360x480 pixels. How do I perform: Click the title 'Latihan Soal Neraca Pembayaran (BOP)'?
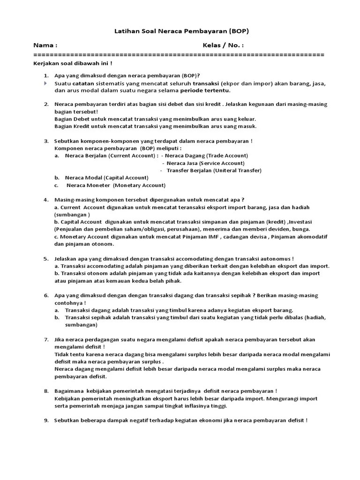coord(181,31)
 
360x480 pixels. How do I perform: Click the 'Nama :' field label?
coord(45,45)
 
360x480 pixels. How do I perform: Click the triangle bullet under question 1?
coord(46,83)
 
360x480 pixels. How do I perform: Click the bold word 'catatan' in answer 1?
coord(82,83)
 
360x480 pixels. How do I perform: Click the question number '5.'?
coord(46,258)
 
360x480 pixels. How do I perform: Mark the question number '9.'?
coord(46,420)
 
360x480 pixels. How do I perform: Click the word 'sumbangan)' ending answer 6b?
coord(82,324)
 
